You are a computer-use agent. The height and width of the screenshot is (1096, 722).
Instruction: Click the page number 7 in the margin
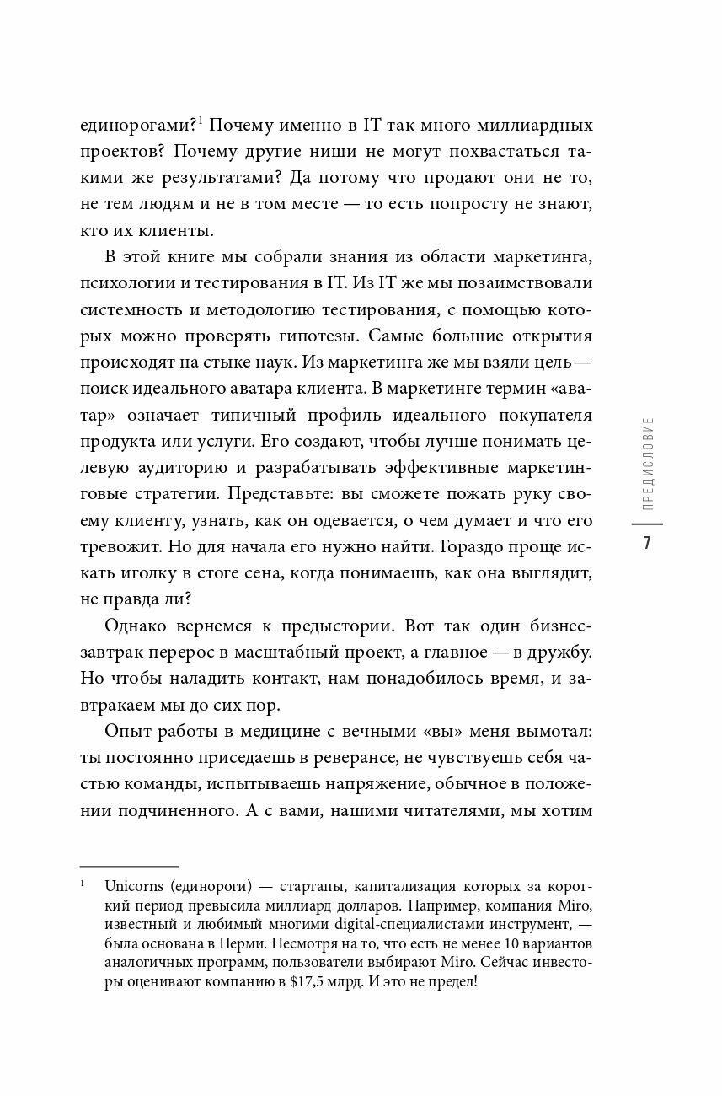coord(646,542)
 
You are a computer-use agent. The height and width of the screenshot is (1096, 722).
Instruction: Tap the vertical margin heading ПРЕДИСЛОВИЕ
coord(646,465)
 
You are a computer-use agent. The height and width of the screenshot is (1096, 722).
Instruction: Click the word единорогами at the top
coord(138,127)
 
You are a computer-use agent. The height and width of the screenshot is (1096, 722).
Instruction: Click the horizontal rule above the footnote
coord(129,866)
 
